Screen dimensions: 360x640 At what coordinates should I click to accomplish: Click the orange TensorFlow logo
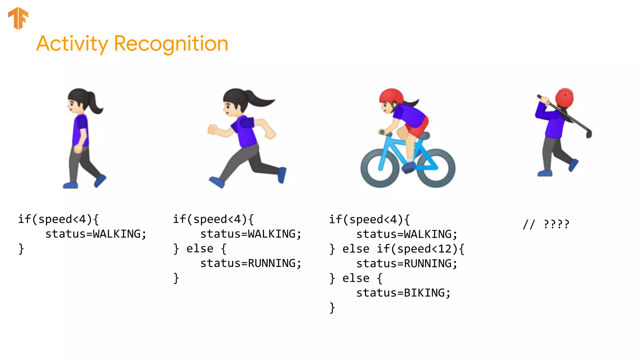(18, 18)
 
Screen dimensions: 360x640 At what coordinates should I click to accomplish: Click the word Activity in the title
(72, 44)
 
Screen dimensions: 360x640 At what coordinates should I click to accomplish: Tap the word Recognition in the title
(171, 44)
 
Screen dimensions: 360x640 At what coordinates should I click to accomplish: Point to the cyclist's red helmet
(391, 95)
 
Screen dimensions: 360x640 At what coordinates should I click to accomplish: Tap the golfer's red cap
(564, 97)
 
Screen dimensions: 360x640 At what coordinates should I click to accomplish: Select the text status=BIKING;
(403, 293)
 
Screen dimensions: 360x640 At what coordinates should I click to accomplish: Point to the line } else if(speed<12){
(397, 249)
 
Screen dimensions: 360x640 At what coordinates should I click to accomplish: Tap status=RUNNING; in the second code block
(251, 263)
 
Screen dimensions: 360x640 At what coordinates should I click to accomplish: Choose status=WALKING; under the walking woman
(96, 234)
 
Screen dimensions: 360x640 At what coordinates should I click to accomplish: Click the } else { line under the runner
(200, 249)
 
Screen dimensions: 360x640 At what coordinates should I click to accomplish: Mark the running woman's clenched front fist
(213, 129)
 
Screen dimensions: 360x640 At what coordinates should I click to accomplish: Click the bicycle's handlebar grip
(382, 132)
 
